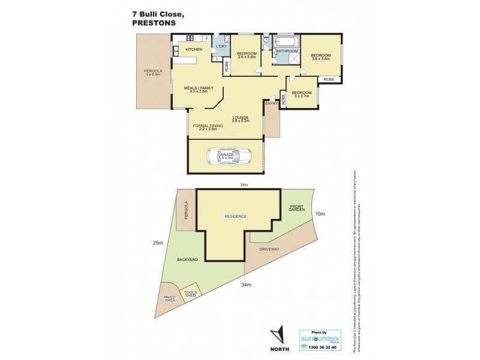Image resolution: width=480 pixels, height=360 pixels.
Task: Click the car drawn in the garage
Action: (227, 157)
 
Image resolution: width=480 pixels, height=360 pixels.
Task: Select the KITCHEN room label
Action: (194, 49)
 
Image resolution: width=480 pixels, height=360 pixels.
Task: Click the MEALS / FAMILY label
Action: (198, 89)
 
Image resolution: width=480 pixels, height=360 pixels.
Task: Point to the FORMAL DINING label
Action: (207, 127)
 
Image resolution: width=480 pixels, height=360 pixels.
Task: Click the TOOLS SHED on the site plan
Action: (190, 291)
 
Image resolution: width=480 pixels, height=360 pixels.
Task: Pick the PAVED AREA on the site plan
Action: (170, 298)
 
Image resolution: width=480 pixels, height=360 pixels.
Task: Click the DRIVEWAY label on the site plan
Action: (271, 248)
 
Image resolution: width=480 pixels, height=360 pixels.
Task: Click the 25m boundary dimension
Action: (158, 242)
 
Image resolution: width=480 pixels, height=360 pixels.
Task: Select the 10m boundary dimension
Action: (320, 214)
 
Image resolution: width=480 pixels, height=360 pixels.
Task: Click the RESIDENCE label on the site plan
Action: (235, 216)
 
